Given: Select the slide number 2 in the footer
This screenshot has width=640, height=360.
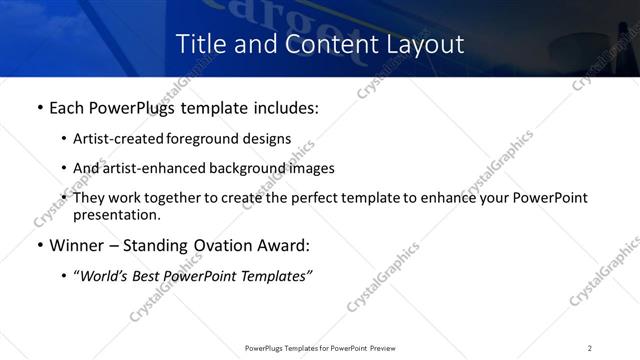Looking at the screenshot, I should tap(590, 347).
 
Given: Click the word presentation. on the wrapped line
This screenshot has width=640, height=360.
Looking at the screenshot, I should tap(116, 215).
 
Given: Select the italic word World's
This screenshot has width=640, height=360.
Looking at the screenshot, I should tap(104, 276).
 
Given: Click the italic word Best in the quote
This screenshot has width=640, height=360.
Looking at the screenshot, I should tap(150, 276).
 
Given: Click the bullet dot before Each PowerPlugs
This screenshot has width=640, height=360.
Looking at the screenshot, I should tap(39, 108).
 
